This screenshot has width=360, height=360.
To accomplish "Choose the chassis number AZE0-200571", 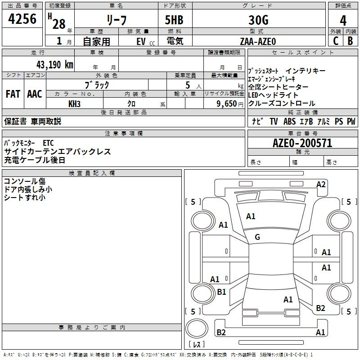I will (x=302, y=144).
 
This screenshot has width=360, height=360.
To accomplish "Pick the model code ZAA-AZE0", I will (x=258, y=41).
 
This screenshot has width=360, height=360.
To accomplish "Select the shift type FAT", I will (x=13, y=94).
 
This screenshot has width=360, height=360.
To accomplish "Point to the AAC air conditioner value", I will (x=34, y=94).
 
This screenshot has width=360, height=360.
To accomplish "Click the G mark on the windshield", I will (x=257, y=237).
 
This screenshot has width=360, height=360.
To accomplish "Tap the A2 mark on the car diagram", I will (x=321, y=184).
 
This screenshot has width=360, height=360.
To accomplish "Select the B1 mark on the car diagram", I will (x=221, y=292).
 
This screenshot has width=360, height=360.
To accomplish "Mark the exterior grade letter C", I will (x=335, y=41).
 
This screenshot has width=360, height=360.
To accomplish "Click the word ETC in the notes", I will (x=48, y=143).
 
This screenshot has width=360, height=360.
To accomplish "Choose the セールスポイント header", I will (x=303, y=53).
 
